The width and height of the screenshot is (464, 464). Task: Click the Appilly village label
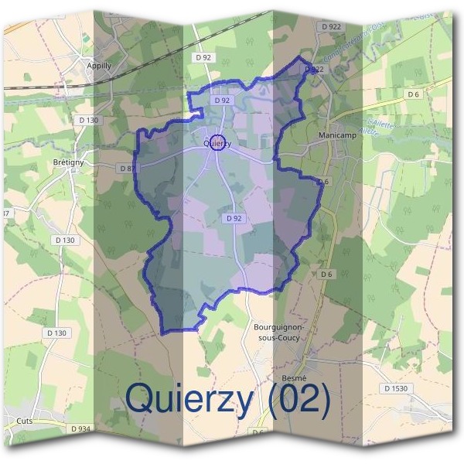99,66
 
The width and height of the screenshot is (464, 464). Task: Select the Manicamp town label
336,135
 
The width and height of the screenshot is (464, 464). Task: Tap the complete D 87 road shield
128,168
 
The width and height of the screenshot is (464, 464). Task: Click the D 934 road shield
80,428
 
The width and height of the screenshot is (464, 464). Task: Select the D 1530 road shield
395,388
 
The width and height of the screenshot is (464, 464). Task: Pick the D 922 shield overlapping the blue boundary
313,69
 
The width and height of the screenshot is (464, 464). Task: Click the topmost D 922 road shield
330,26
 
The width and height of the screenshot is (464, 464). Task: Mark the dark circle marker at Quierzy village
219,142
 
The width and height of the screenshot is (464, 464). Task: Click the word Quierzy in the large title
200,398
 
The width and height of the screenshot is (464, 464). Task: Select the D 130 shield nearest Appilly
90,120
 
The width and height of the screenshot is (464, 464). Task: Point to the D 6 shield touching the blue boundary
322,182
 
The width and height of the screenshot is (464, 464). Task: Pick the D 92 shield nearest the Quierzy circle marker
222,101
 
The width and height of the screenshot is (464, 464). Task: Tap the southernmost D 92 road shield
235,219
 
